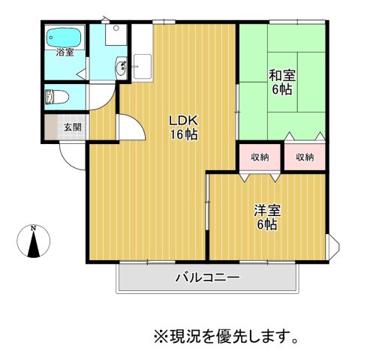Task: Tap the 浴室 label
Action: coord(65,52)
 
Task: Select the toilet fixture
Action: coord(56,97)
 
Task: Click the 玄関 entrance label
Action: coord(72,127)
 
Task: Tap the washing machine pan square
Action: coord(116,34)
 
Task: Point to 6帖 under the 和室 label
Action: coord(281,89)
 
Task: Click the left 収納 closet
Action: coord(260,157)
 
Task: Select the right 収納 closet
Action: coord(304,157)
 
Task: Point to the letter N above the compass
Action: coord(33,226)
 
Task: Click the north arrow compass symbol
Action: coord(33,244)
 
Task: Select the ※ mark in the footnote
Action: coord(158,334)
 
